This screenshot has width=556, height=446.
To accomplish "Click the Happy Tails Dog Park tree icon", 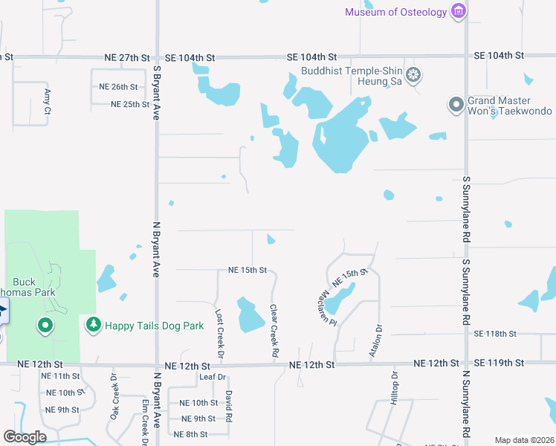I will pos(93,325).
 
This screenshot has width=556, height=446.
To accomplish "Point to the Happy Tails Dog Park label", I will pos(154,326).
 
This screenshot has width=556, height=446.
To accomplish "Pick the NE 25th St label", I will pos(130,104).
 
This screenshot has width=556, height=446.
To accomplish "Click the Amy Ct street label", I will pos(47,101).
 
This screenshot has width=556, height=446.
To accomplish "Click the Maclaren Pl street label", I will pos(324,304).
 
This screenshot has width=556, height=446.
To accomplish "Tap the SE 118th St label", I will pos(494,334).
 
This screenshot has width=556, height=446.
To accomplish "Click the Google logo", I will pos(25,437).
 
